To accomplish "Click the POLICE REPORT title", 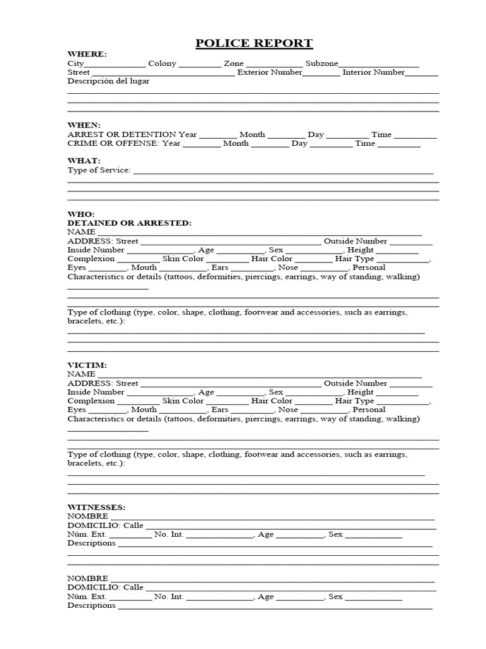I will pos(254,43).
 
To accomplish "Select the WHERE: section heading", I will pos(87,55).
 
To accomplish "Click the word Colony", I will pos(162,63).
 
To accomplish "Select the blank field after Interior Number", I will pos(421,74).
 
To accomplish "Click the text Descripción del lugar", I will pos(109,81).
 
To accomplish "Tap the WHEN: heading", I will pos(84,125).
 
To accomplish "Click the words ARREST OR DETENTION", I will pos(121,134).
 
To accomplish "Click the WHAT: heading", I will pos(84,161).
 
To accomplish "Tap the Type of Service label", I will pos(99,170).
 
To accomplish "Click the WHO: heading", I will pos(81,214).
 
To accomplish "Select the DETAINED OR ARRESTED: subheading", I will pos(129,223).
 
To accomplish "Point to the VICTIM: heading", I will pos(87,365).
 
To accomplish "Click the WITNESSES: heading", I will pos(97,507).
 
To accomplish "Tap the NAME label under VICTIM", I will pos(81,374).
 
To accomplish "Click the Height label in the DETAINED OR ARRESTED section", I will pos(361,250).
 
